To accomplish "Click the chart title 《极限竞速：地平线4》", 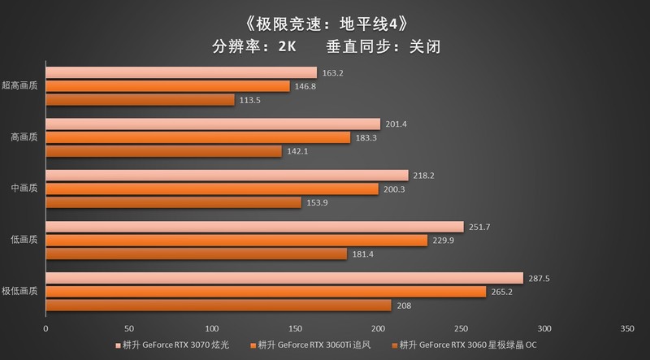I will click(325, 17).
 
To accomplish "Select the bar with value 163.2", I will click(180, 72).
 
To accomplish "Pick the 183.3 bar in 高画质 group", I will click(197, 137).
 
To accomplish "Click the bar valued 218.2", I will click(227, 176).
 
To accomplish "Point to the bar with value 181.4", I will click(196, 254).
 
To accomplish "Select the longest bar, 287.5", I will click(284, 278).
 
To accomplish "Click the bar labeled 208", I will click(218, 305).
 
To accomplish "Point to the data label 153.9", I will click(316, 202).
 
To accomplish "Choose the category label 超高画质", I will click(20, 85).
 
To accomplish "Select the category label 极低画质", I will click(20, 291).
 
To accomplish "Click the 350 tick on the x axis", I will click(626, 329).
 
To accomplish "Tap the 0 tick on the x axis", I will click(45, 329).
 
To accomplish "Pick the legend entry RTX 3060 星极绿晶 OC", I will click(467, 345).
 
